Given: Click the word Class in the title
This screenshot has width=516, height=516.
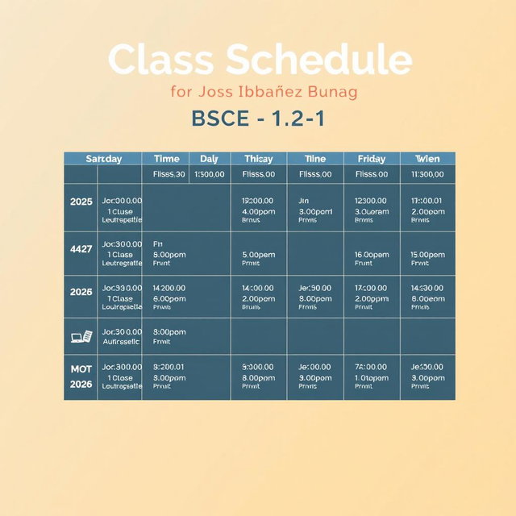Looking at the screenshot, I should pos(162,60).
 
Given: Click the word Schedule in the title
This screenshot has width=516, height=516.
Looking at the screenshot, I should pos(319,60).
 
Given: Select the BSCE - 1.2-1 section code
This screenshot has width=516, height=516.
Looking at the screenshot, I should pos(258,118).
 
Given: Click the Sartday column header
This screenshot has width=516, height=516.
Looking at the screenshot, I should pos(103,159).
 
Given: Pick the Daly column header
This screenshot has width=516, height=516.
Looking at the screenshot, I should pos(209,159).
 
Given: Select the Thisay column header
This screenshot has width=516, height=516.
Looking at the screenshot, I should pos(258,159).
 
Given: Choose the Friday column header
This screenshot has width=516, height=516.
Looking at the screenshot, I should pos(371,159).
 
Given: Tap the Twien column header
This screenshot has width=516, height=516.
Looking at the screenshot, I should pos(427,159).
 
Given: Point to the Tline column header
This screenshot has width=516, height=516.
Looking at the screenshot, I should pos(314,159).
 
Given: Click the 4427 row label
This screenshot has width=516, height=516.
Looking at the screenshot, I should pos(81,249).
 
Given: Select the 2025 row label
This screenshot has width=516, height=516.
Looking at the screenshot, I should pos(81,200).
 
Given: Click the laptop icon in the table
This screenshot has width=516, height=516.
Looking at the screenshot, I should pos(81,336).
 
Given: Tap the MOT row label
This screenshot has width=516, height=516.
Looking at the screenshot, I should pos(81,368).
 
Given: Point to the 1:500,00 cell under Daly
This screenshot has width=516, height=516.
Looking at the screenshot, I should pos(210,174).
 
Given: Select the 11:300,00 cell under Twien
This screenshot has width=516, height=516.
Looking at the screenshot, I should pos(427,174).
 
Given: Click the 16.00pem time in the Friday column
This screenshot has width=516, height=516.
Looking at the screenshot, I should pos(372,254).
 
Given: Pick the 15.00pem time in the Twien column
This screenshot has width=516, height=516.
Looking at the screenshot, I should pos(427,254).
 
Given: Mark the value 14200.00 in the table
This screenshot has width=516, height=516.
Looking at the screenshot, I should pos(169,287).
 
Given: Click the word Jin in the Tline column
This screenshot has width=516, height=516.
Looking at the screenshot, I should pos(304,200).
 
